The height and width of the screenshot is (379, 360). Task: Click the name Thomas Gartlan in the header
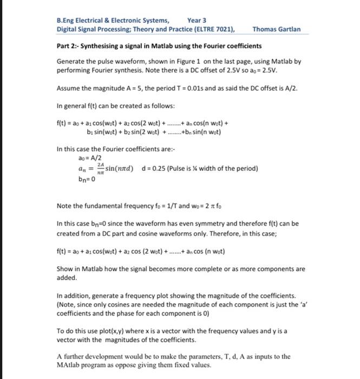(276, 29)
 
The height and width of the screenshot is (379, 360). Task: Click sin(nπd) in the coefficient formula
(124, 168)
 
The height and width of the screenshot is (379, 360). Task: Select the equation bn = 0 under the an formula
(89, 179)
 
